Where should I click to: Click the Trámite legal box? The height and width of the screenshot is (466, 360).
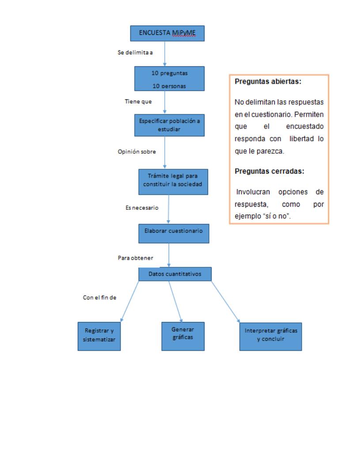click(173, 181)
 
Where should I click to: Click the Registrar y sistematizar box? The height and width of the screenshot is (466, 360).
click(99, 337)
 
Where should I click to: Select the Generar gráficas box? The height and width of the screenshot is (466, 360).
click(182, 336)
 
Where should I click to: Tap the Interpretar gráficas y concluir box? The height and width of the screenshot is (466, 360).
click(271, 336)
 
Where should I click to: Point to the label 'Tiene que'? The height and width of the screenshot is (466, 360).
click(138, 101)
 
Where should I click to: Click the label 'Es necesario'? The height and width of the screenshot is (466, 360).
click(142, 207)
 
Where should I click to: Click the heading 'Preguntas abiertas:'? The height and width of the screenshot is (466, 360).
click(265, 82)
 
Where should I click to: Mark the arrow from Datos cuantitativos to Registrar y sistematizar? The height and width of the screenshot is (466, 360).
click(130, 300)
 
